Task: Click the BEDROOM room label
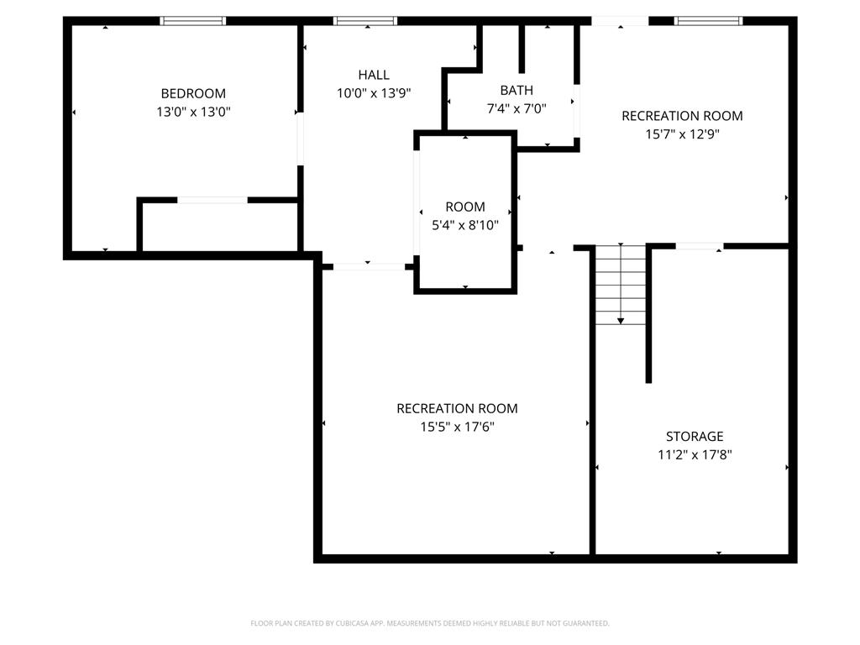point(193,93)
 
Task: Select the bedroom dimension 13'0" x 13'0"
point(193,112)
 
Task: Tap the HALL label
point(374,75)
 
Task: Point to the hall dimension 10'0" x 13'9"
point(374,93)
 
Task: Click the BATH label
point(517,90)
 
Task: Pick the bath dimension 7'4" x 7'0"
point(517,108)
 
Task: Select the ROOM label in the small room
point(465,207)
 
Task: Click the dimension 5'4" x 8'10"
point(465,225)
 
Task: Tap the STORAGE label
point(695,436)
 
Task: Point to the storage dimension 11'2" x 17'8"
point(695,455)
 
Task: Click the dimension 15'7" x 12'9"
point(682,134)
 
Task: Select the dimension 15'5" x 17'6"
point(457,427)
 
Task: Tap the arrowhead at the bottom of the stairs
point(621,321)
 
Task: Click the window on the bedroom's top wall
point(193,21)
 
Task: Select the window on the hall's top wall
point(365,21)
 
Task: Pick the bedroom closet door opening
point(212,200)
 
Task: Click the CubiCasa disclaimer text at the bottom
point(430,623)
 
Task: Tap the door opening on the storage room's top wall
point(700,246)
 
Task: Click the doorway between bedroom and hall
point(301,139)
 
